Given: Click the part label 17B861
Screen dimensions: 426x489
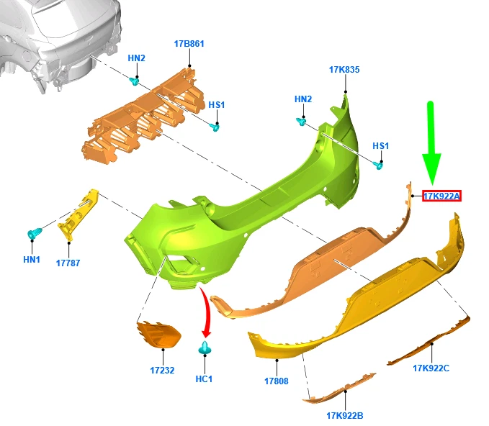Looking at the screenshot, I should (x=189, y=44).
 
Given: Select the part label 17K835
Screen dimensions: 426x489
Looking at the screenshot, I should (x=344, y=70).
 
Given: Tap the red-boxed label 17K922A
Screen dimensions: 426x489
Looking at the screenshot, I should (x=441, y=196).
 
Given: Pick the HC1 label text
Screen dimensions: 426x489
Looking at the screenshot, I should (x=205, y=379).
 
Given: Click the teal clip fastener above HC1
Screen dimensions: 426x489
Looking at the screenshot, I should (x=205, y=350).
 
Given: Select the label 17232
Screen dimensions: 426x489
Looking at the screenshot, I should (x=163, y=371).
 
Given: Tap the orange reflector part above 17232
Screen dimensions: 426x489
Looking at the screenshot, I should (x=160, y=335).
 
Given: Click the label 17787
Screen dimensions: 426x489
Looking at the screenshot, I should (x=68, y=263).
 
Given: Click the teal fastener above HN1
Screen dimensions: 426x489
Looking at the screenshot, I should (x=34, y=234).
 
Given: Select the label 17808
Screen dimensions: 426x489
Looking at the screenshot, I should (x=276, y=381).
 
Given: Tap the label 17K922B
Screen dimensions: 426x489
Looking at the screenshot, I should (x=344, y=415).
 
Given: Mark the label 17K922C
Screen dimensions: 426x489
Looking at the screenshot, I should (x=431, y=368).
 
